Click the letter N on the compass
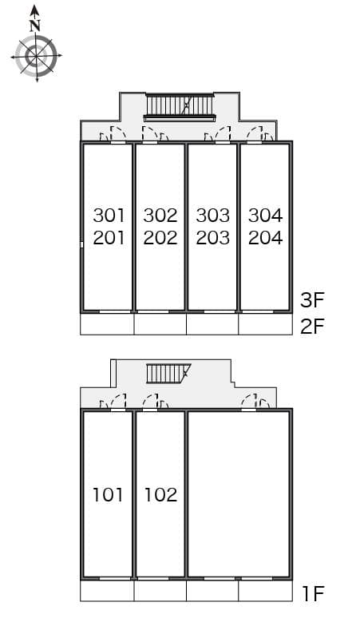coord(35,26)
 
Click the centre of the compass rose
coord(36,57)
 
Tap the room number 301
coord(109,216)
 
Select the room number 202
coord(160,238)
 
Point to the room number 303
coord(212,216)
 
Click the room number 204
coord(266,238)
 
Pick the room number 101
coord(108,494)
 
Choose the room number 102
coord(161,494)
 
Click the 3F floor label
coord(312,300)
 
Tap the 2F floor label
coord(312,327)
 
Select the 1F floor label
coord(313,593)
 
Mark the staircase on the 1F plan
coord(168,373)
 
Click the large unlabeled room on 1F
coord(239,494)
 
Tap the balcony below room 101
coord(107,590)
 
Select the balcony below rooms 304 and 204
coord(266,324)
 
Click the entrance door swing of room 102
coord(150,401)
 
